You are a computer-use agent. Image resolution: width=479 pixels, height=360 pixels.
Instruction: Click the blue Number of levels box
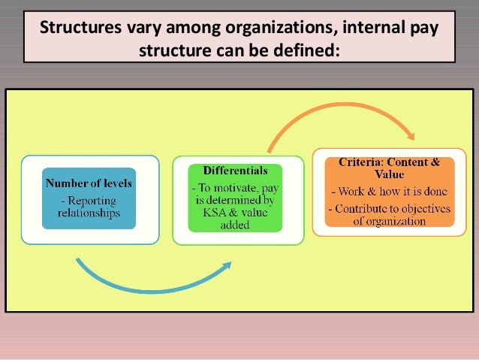[x=89, y=198]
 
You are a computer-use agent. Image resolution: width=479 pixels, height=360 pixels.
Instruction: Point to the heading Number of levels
[x=89, y=183]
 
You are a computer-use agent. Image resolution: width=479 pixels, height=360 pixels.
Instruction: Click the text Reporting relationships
[x=89, y=207]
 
